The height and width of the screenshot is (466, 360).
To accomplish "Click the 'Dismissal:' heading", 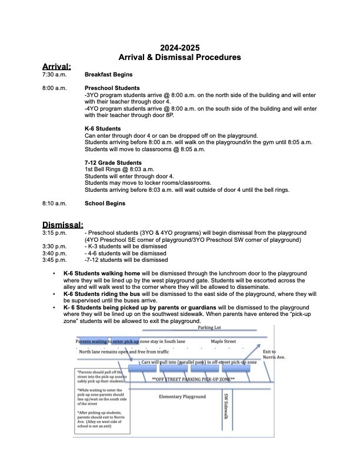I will coord(62,224).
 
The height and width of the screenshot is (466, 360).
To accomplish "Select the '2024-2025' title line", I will coord(180,48).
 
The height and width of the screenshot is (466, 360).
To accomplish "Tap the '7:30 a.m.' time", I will coord(55,75).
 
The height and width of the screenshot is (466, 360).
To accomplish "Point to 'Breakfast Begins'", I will coord(108,75).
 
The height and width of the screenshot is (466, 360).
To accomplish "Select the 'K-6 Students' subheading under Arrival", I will coord(103,128).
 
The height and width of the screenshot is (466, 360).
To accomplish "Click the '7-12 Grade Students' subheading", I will coord(113,162).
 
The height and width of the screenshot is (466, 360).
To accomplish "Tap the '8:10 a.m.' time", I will coord(55,203).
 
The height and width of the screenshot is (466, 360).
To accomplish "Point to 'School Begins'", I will coord(105,203).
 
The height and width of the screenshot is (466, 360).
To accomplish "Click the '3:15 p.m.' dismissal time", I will coord(55,233).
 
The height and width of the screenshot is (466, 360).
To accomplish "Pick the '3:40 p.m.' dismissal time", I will coord(55,253).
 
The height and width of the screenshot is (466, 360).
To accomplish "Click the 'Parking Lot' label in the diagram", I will coord(209,328).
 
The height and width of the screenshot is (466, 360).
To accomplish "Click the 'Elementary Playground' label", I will coord(182,397).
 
